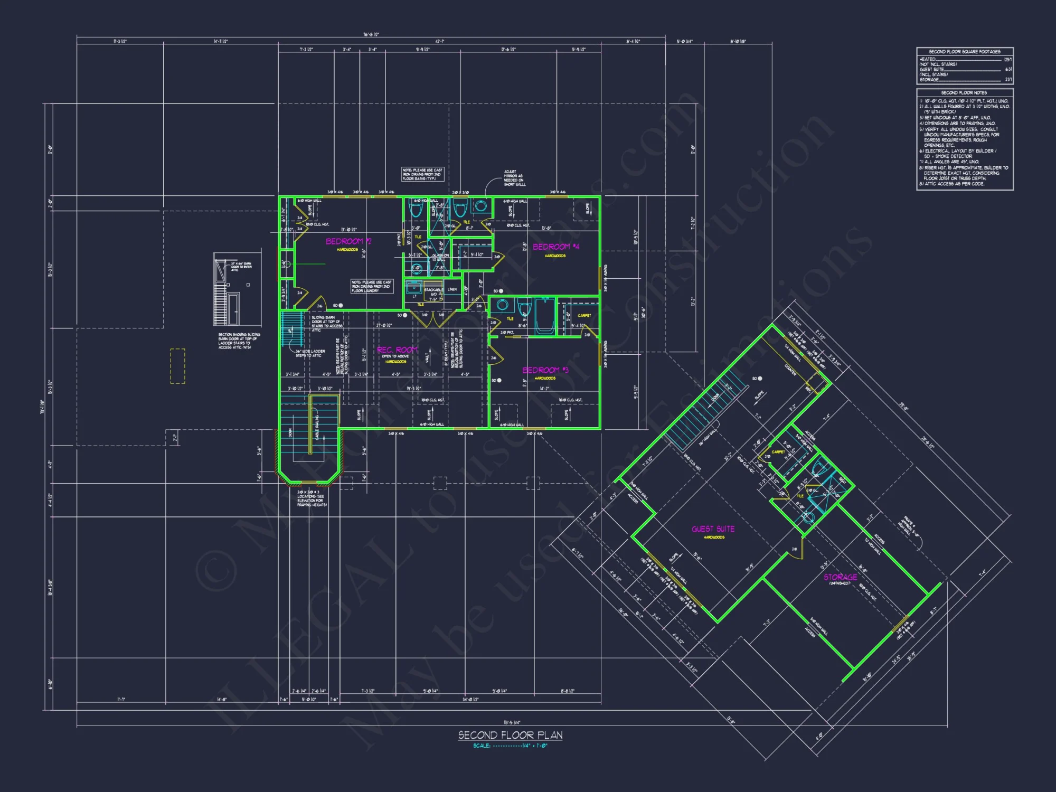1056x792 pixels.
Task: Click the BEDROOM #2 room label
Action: [348, 241]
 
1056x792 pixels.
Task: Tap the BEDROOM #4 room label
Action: [555, 247]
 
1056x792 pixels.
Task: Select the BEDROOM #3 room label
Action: [545, 370]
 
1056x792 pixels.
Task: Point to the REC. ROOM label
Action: [397, 350]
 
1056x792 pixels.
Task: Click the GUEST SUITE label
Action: [713, 529]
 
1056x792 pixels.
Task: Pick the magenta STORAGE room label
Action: [840, 577]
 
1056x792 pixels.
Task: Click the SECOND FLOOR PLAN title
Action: [510, 735]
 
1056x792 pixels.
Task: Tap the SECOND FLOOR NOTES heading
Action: [964, 92]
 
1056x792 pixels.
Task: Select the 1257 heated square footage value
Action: [1007, 60]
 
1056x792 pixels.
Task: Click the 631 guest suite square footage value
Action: [1008, 69]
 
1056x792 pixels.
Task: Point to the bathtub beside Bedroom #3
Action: [544, 317]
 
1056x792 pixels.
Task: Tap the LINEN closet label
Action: [452, 289]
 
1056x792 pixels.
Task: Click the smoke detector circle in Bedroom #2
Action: [341, 306]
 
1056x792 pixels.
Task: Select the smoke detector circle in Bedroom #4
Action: [501, 291]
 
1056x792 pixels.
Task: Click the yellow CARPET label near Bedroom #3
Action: [584, 315]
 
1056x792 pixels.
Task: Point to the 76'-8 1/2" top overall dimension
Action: [371, 35]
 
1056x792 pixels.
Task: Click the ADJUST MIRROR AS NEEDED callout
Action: [514, 178]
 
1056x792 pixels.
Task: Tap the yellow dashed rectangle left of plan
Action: [177, 365]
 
